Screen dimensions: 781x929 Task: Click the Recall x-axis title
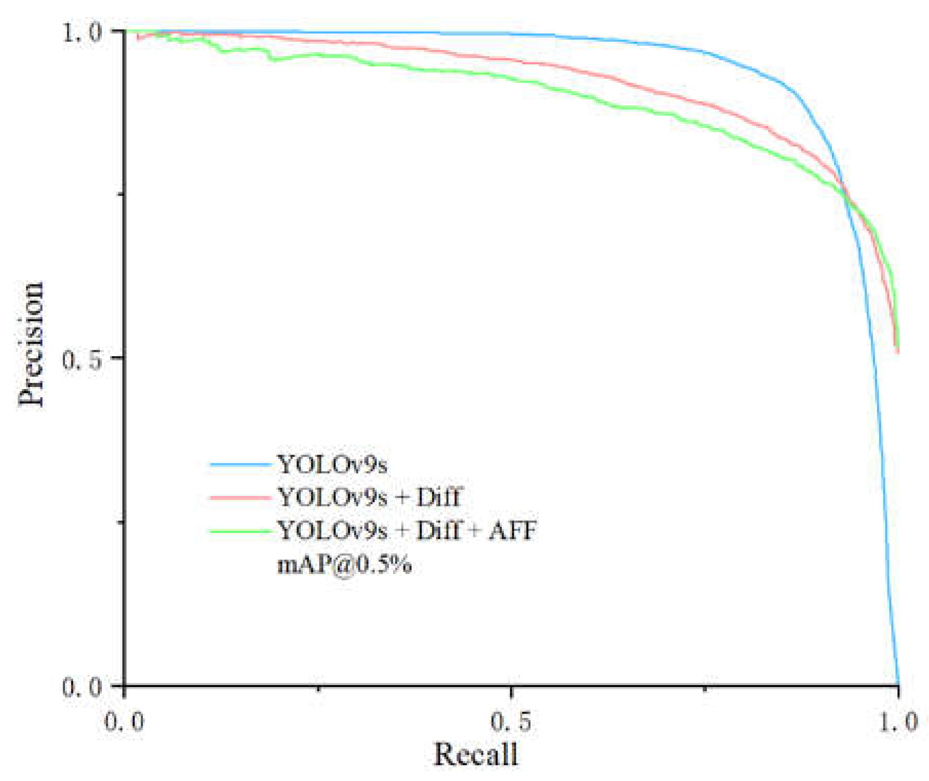coord(476,754)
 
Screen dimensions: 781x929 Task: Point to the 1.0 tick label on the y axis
coord(82,33)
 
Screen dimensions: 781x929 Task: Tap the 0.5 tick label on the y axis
coord(82,360)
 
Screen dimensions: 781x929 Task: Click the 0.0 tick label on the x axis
coord(124,722)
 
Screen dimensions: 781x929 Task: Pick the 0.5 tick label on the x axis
coord(511,722)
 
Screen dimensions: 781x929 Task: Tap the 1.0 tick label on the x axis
coord(898,722)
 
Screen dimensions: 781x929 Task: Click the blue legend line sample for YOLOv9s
coord(240,465)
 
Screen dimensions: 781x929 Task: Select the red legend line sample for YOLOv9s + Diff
coord(240,498)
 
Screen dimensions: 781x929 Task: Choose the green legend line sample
coord(240,531)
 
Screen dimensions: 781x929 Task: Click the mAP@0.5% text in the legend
coord(344,565)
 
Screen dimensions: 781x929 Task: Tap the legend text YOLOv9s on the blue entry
coord(332,465)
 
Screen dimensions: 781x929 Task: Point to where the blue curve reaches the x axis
coord(898,685)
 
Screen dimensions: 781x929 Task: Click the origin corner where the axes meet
coord(124,686)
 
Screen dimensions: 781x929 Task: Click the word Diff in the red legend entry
coord(438,497)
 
